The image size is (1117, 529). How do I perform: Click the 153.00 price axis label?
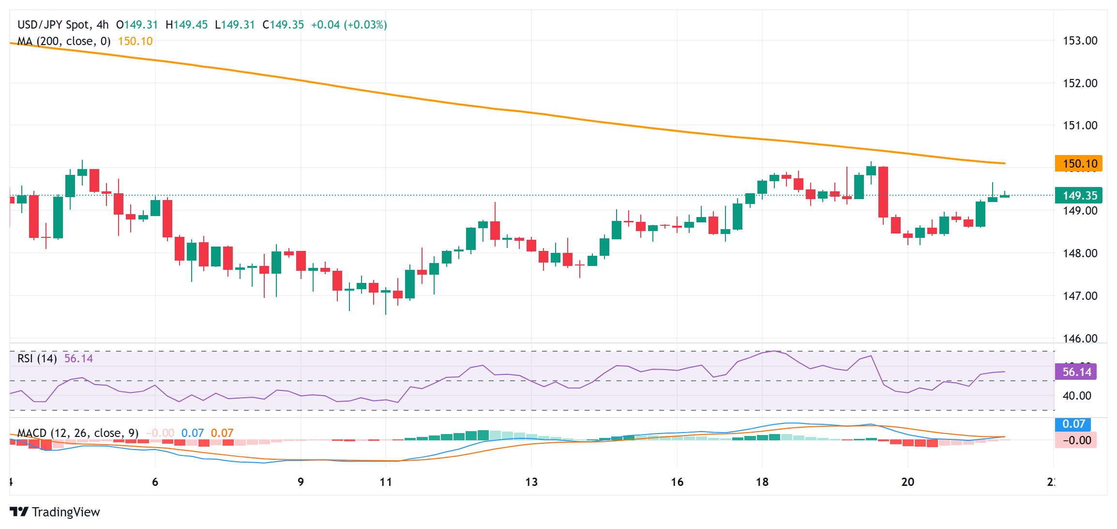(1080, 41)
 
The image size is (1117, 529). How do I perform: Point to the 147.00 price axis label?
(1080, 296)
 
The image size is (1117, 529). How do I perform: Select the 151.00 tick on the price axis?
(1080, 125)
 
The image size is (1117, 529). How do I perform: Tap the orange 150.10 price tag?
(1078, 163)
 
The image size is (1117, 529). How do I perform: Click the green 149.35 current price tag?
(1078, 195)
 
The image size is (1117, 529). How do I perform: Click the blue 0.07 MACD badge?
(1073, 424)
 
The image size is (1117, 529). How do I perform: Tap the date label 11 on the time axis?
(386, 482)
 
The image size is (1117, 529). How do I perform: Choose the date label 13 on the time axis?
(531, 482)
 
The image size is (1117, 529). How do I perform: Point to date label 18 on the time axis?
(762, 482)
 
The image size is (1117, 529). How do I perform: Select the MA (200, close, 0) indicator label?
(64, 41)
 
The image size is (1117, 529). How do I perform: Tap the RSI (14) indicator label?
(37, 358)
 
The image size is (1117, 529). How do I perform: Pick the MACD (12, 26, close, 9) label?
(78, 433)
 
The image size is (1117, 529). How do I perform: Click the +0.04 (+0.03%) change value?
(349, 25)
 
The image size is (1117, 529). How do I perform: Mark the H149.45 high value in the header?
(187, 25)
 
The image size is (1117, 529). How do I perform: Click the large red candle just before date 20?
(883, 192)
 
